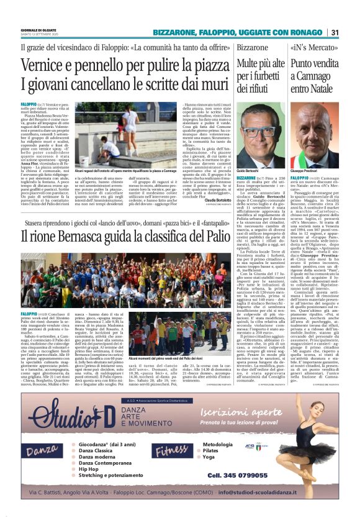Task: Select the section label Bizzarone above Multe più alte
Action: (252, 47)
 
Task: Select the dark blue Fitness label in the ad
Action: (172, 448)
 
